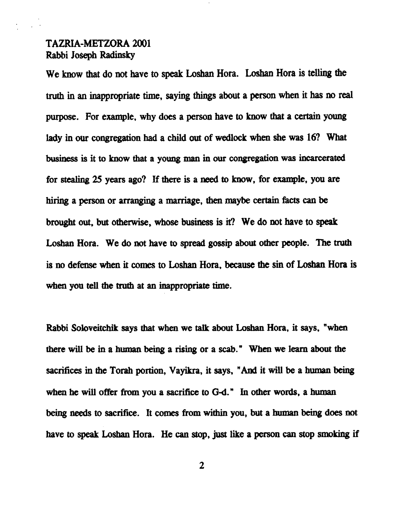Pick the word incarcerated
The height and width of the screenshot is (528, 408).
322,159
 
